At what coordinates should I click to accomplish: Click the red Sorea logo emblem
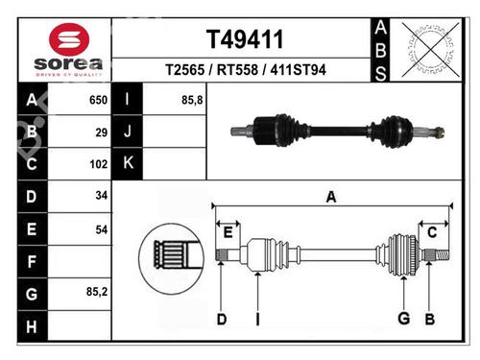69,40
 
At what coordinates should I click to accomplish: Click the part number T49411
245,39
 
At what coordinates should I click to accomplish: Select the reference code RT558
237,70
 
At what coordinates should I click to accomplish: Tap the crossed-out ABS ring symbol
431,50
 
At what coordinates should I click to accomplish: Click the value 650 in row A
98,100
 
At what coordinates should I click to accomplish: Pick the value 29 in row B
102,132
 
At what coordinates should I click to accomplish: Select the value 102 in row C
99,164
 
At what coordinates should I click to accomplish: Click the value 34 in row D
102,195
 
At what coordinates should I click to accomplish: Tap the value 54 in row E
102,229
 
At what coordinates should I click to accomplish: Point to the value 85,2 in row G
97,292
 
